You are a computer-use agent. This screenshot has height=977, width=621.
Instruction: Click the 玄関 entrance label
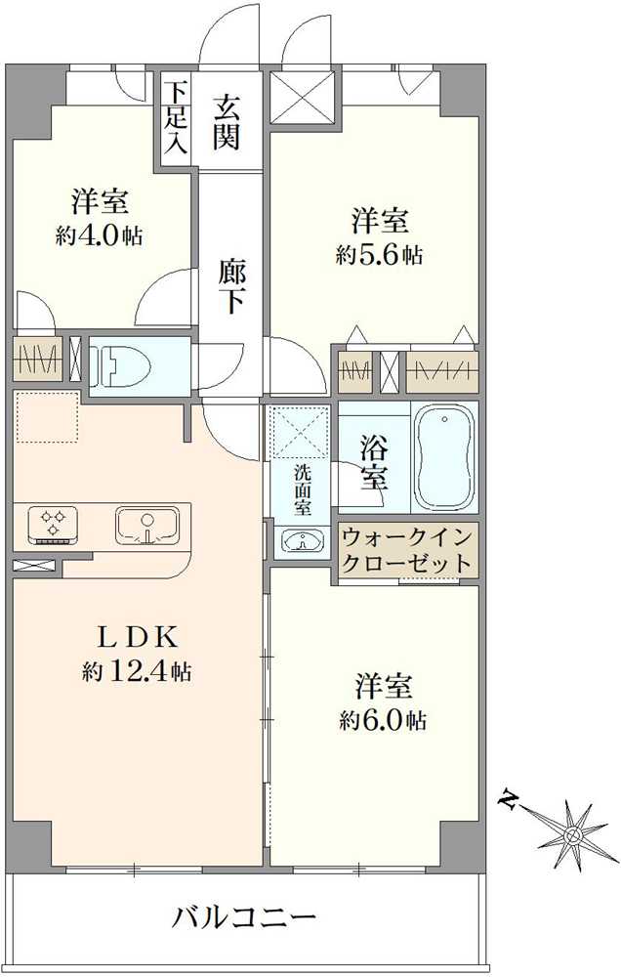[x=227, y=122]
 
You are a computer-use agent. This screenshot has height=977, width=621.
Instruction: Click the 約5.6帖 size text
[x=379, y=255]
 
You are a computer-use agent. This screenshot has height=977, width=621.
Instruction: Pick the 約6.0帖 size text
[x=382, y=721]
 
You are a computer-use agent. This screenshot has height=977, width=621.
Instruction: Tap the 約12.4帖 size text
[x=136, y=671]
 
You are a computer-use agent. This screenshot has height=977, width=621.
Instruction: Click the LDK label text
[x=136, y=637]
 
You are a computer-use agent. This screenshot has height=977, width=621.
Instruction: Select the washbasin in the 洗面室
[x=301, y=539]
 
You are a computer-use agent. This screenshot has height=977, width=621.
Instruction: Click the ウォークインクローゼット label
[x=407, y=551]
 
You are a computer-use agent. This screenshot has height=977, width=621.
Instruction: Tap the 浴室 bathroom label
[x=373, y=463]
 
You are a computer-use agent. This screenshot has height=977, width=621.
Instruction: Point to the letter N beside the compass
[x=508, y=801]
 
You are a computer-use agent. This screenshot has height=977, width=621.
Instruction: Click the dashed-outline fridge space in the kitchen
[x=46, y=417]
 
